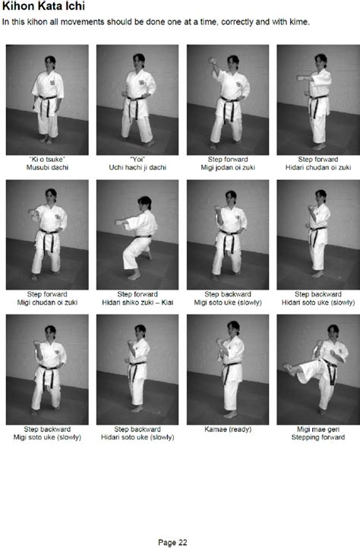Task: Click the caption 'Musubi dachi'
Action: click(47, 167)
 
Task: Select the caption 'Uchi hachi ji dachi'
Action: click(137, 167)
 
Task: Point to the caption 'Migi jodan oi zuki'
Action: click(227, 167)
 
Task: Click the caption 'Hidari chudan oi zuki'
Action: click(317, 167)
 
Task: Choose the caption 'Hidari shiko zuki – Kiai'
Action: click(137, 302)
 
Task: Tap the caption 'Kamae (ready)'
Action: click(227, 429)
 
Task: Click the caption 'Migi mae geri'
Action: click(317, 429)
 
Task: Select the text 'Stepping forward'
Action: click(317, 437)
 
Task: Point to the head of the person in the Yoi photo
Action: click(137, 61)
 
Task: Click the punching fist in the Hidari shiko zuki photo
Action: click(118, 221)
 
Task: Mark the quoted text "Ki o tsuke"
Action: click(47, 159)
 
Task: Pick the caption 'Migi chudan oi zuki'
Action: click(47, 302)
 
